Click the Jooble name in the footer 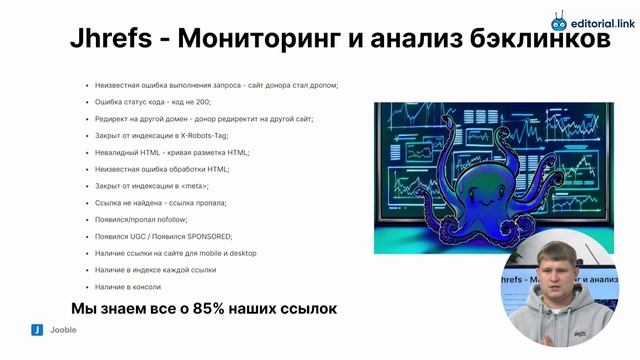tap(63, 329)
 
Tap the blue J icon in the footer tap(36, 329)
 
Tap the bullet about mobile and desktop tap(176, 253)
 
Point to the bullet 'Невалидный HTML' tap(172, 152)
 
